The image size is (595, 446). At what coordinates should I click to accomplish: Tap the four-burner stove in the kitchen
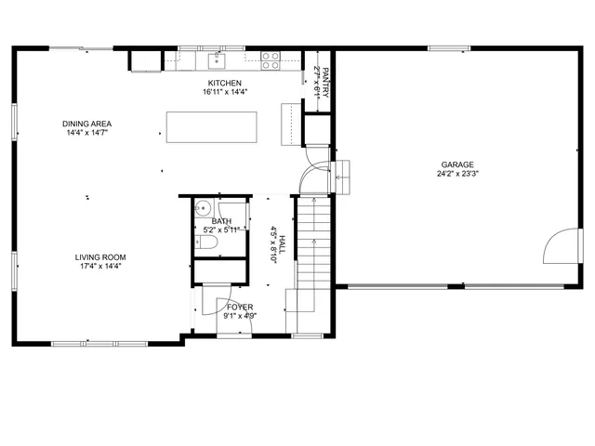(271, 61)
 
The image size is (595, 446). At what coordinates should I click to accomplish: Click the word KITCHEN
(224, 83)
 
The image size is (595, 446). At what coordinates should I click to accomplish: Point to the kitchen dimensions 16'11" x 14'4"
(224, 92)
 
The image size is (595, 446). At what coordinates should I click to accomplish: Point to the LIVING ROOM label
(100, 257)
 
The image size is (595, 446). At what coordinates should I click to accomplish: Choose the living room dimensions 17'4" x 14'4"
(100, 267)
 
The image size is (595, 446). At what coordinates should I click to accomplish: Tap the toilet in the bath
(208, 243)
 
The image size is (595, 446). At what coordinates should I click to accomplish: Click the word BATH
(221, 221)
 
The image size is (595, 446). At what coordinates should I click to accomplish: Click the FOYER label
(240, 307)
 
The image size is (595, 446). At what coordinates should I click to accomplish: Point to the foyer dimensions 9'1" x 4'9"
(240, 316)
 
